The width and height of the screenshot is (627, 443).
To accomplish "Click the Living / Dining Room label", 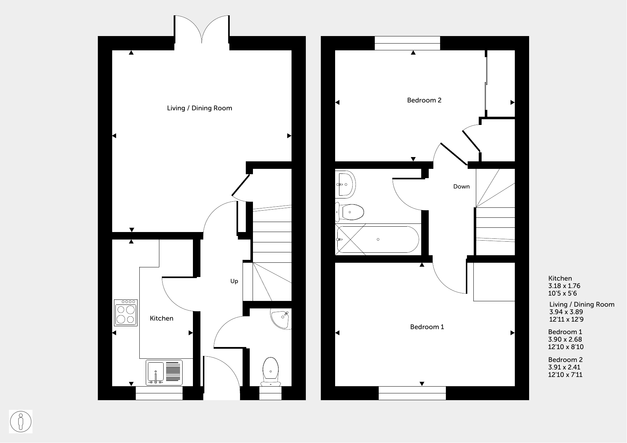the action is (199, 108).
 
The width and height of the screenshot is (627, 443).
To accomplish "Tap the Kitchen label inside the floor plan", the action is (161, 318).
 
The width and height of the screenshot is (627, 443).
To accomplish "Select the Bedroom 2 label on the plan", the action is (424, 100).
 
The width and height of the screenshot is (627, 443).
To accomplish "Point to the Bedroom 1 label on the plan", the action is (427, 327).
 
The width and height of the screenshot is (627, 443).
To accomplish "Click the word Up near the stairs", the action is (234, 281).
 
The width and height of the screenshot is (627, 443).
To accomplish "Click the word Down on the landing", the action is (461, 186).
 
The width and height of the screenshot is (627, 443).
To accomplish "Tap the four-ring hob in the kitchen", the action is (126, 313).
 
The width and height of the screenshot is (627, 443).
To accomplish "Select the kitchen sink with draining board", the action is (164, 373).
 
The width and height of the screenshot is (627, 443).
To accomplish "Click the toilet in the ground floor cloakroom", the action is (270, 372).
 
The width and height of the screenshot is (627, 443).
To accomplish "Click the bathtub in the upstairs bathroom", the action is (378, 240).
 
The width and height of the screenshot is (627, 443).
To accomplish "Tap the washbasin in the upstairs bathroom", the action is (345, 184).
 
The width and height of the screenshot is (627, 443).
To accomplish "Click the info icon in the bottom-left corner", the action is (21, 422).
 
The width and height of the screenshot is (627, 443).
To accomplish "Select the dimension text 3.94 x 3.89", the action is (566, 312).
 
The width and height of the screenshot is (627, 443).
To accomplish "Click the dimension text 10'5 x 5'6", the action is (563, 293).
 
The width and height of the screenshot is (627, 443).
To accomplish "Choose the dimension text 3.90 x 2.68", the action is (565, 339).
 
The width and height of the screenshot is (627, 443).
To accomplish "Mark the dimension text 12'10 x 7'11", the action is (566, 375).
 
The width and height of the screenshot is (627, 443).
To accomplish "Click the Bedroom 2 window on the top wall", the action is (407, 43).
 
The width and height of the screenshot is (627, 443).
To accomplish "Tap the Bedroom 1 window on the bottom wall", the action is (412, 393).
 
